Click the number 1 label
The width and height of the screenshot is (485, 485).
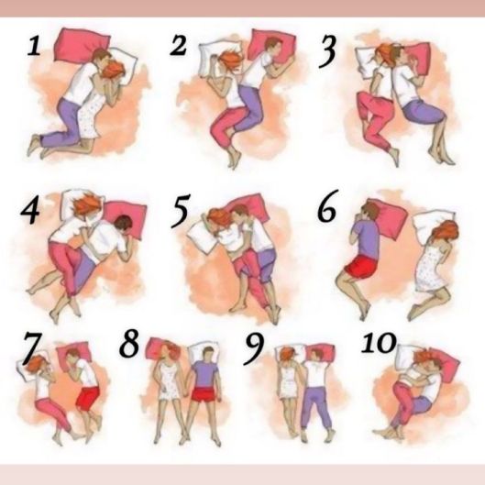pyautogui.click(x=34, y=47)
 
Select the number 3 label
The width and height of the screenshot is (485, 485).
pyautogui.click(x=327, y=51)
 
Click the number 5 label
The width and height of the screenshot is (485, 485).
pyautogui.click(x=180, y=211)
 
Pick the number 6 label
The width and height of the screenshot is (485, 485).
pyautogui.click(x=327, y=206)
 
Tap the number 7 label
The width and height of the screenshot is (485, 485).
pyautogui.click(x=31, y=347)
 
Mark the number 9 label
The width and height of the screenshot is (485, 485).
pyautogui.click(x=255, y=349)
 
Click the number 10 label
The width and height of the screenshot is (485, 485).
pyautogui.click(x=379, y=343)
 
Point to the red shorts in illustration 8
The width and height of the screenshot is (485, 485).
pyautogui.click(x=203, y=394)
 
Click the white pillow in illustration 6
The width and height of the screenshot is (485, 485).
pyautogui.click(x=432, y=226)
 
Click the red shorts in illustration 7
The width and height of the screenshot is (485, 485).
pyautogui.click(x=88, y=398)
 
